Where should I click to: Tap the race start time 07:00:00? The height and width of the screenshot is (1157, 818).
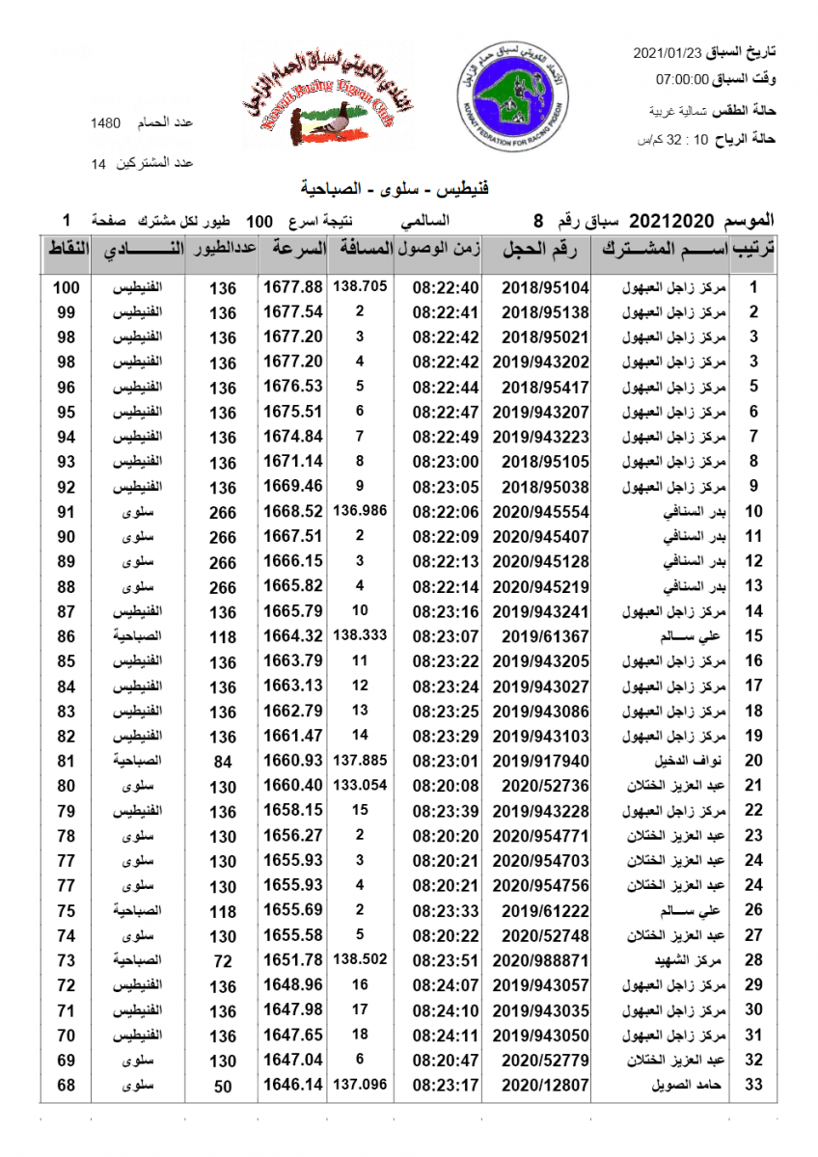pos(682,79)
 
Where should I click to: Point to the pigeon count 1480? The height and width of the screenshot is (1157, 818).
pos(105,123)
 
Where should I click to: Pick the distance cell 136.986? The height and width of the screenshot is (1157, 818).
pos(360,511)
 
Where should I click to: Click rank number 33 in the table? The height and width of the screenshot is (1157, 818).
pos(755,1085)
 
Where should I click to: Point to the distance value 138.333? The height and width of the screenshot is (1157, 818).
pos(360,636)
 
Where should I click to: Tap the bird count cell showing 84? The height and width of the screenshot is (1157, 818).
pos(223,762)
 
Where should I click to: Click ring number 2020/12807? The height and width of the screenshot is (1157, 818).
pos(546,1085)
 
